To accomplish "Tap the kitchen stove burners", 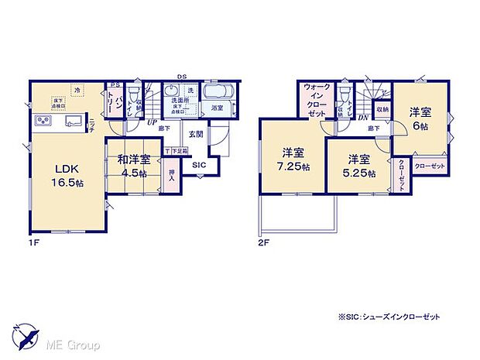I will click(41, 122).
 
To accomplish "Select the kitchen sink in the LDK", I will click(74, 121).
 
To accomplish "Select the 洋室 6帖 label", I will click(419, 117).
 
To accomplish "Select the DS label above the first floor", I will click(180, 76).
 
